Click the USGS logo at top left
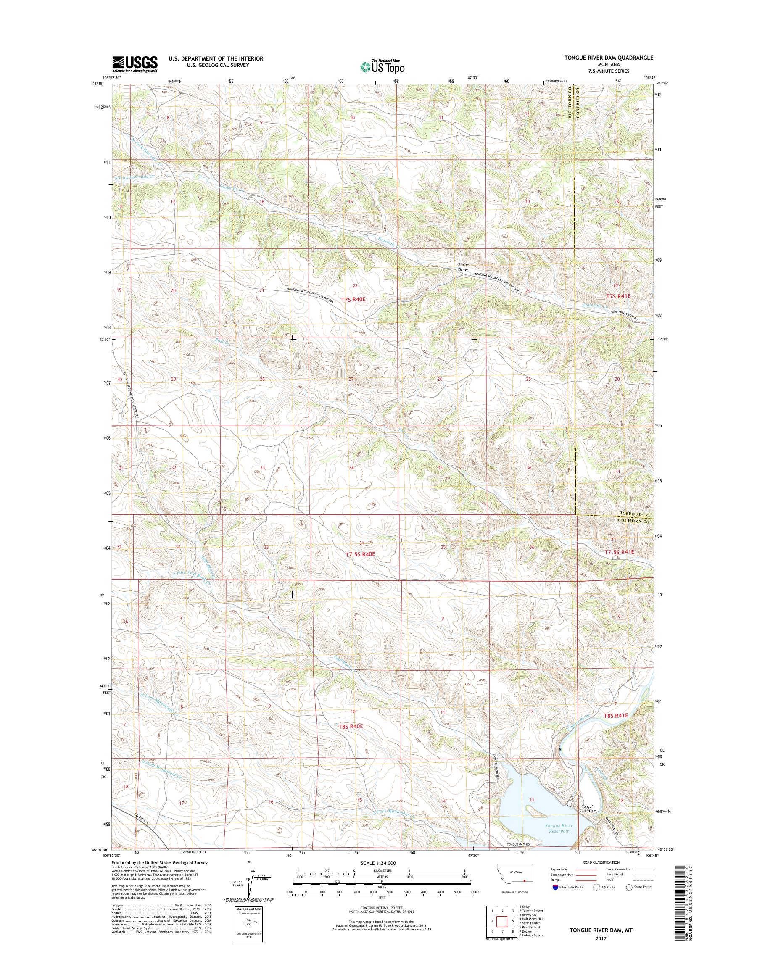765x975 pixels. (x=135, y=64)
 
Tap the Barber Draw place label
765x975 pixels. (x=463, y=267)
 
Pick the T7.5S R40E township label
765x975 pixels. (x=360, y=554)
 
